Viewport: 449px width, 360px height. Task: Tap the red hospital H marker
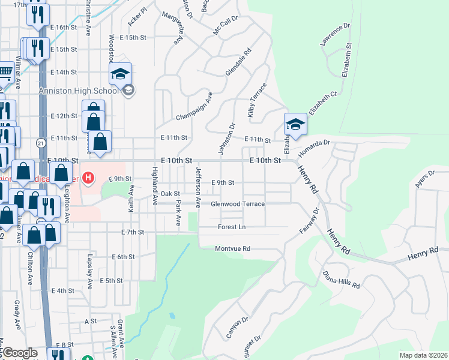[89, 178]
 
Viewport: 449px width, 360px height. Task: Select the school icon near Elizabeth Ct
[295, 125]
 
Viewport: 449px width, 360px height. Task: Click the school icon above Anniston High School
[120, 74]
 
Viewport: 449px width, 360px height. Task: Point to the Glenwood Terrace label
[238, 204]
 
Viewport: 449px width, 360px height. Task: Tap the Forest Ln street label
[232, 227]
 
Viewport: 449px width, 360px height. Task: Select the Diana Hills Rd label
[341, 277]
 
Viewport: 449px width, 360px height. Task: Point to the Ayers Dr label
[425, 180]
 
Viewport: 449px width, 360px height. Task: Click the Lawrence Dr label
[334, 35]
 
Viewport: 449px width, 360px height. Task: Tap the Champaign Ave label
[194, 107]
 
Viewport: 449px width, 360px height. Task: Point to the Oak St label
[170, 194]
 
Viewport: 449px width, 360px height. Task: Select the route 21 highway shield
[40, 143]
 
